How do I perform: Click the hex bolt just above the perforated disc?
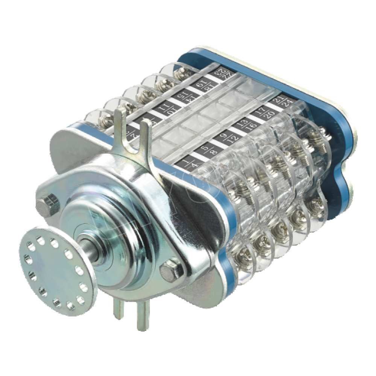[47, 205]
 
